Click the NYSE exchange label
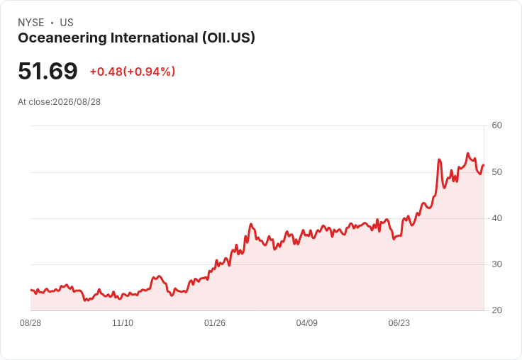pyautogui.click(x=31, y=23)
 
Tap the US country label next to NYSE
pyautogui.click(x=67, y=23)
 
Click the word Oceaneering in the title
pyautogui.click(x=62, y=38)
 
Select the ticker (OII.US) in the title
pyautogui.click(x=228, y=38)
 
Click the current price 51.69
pyautogui.click(x=48, y=71)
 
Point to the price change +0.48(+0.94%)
pyautogui.click(x=133, y=72)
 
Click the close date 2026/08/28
pyautogui.click(x=77, y=102)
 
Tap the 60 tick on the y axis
pyautogui.click(x=496, y=125)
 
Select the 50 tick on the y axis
pyautogui.click(x=496, y=172)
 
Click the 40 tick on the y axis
pyautogui.click(x=496, y=218)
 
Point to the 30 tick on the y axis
pyautogui.click(x=496, y=264)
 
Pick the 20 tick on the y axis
pyautogui.click(x=496, y=310)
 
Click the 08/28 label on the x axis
pyautogui.click(x=30, y=323)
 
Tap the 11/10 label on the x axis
pyautogui.click(x=123, y=323)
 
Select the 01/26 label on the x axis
pyautogui.click(x=215, y=323)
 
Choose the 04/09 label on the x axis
pyautogui.click(x=306, y=323)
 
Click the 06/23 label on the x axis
pyautogui.click(x=399, y=323)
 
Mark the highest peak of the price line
pyautogui.click(x=467, y=153)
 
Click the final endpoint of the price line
pyautogui.click(x=484, y=164)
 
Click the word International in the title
pyautogui.click(x=155, y=38)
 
